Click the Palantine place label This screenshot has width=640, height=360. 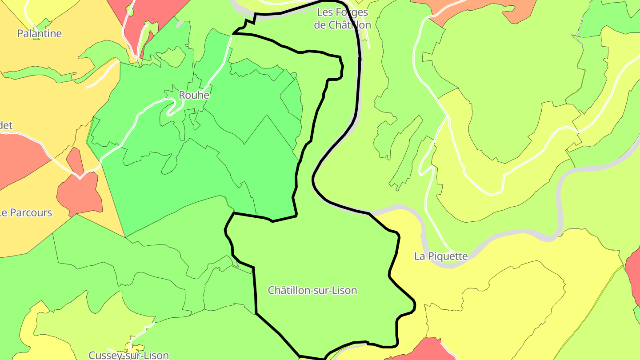coord(39,33)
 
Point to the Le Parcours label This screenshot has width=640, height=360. coord(26,213)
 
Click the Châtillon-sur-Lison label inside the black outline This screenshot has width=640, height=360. coord(312,291)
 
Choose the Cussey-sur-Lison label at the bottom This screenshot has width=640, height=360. coord(128,355)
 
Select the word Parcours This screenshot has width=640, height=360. coord(32,213)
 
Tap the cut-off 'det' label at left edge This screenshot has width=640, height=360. coord(6,126)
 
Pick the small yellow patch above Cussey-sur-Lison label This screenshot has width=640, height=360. coord(134,347)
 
